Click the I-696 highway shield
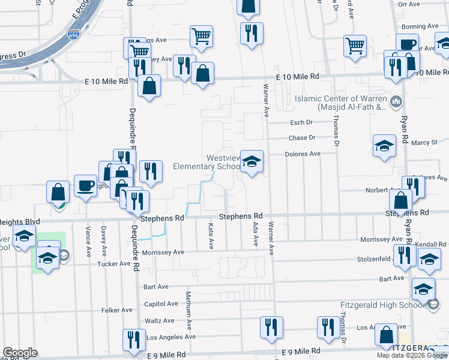[73, 35]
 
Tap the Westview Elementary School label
[206, 162]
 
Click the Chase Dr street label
[301, 137]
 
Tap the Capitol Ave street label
[156, 304]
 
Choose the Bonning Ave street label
[421, 26]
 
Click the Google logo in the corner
[20, 353]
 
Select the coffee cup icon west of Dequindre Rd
[85, 185]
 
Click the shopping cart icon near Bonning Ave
[355, 45]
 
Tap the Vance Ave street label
[88, 238]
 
